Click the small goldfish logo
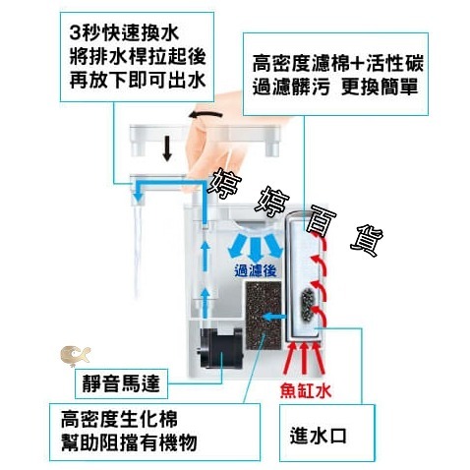click(x=73, y=353)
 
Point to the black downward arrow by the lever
click(x=167, y=148)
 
